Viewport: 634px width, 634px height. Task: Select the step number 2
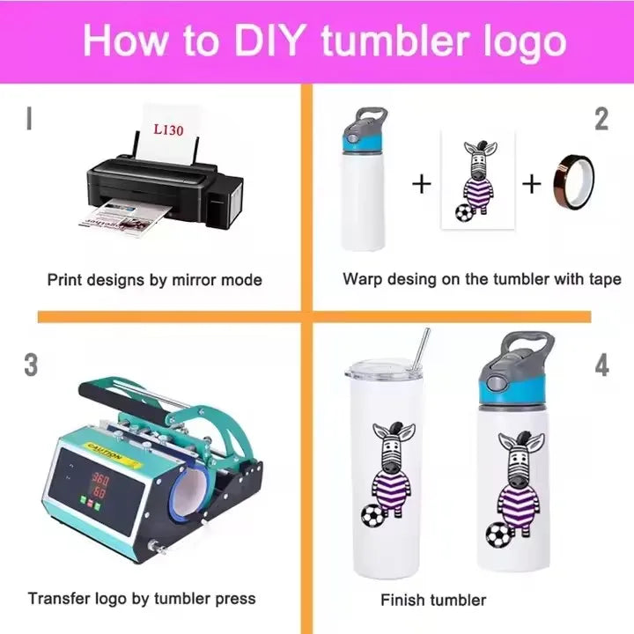(601, 119)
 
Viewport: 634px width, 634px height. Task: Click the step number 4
(601, 365)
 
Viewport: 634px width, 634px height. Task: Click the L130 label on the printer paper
(168, 130)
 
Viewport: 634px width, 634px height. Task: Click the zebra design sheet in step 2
(478, 181)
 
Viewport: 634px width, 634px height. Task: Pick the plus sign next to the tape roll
(531, 183)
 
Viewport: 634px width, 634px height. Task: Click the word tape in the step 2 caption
(605, 279)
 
